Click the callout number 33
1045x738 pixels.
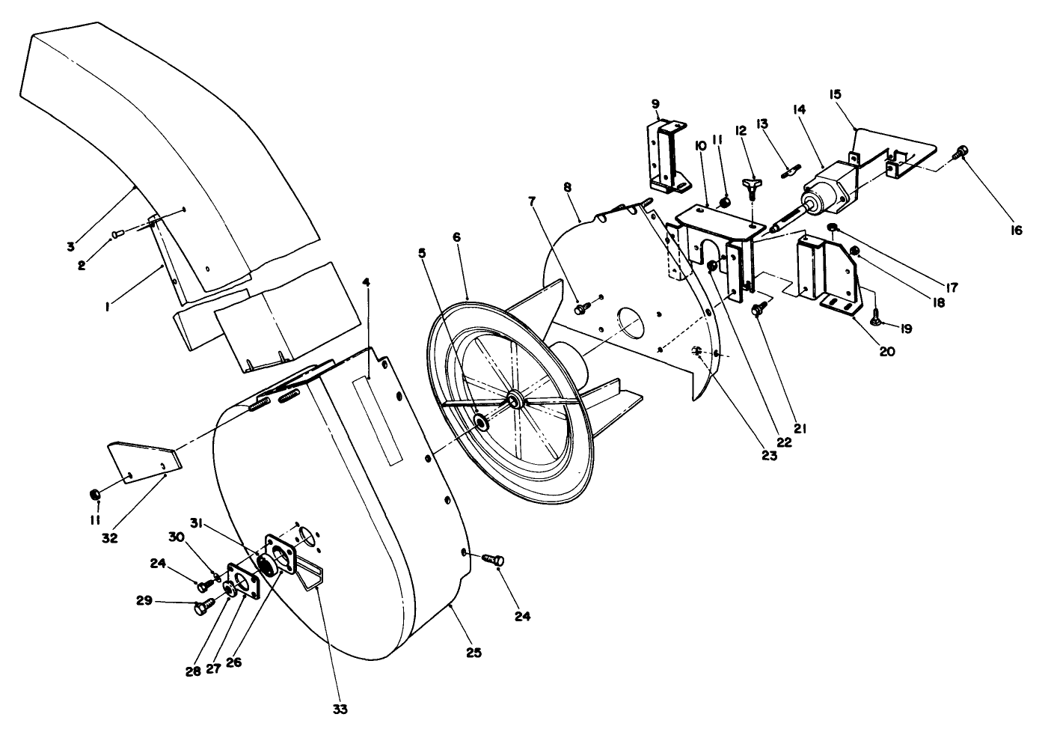340,709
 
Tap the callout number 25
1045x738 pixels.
474,653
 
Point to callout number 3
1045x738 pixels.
70,246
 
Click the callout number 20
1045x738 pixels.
887,351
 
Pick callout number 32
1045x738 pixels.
110,537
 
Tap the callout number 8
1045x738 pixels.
567,188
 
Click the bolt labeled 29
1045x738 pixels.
204,607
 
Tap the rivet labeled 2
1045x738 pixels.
117,233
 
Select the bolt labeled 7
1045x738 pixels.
583,308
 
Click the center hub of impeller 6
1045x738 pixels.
515,400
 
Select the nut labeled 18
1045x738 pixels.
855,251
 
